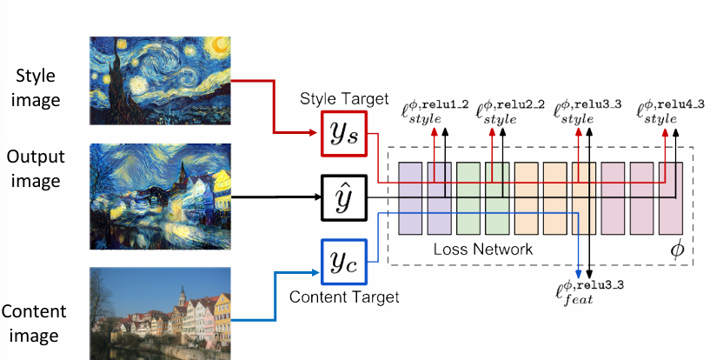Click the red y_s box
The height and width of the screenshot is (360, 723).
pyautogui.click(x=344, y=133)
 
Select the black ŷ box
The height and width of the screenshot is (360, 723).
pyautogui.click(x=344, y=197)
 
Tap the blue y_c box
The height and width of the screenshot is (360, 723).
pyautogui.click(x=344, y=262)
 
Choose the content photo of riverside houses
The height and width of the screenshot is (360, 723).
pyautogui.click(x=160, y=314)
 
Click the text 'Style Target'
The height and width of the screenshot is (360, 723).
pyautogui.click(x=344, y=100)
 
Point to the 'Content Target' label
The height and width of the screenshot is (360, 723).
pyautogui.click(x=344, y=297)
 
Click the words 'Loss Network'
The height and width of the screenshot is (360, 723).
pyautogui.click(x=482, y=250)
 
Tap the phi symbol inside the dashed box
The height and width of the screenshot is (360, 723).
pyautogui.click(x=678, y=248)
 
